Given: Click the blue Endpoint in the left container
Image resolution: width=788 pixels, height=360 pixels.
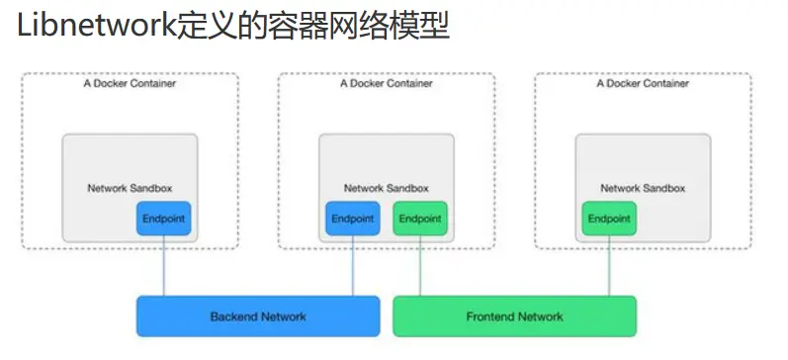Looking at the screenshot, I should pyautogui.click(x=163, y=219).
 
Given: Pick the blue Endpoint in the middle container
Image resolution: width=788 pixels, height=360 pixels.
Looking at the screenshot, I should pyautogui.click(x=352, y=219).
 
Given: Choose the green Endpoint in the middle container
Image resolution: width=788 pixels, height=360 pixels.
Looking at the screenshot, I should pyautogui.click(x=420, y=219).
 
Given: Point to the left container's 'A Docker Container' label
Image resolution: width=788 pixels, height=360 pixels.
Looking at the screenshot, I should pyautogui.click(x=130, y=84).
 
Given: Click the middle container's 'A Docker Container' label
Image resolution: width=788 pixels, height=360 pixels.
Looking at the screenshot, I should pyautogui.click(x=386, y=84).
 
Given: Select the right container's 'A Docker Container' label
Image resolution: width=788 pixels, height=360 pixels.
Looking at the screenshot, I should pyautogui.click(x=643, y=84).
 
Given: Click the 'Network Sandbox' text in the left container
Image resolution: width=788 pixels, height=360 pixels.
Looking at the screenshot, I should pyautogui.click(x=130, y=188).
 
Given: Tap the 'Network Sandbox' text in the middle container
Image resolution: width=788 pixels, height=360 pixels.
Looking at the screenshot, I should pyautogui.click(x=386, y=188).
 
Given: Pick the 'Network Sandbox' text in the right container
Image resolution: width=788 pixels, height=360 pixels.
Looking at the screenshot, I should pyautogui.click(x=643, y=188).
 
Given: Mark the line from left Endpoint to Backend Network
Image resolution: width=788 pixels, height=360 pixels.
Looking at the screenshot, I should pyautogui.click(x=163, y=265).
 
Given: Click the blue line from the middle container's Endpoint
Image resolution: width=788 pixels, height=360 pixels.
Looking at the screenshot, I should pyautogui.click(x=353, y=265).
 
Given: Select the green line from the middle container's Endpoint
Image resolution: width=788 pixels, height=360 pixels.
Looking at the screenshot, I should pyautogui.click(x=420, y=265).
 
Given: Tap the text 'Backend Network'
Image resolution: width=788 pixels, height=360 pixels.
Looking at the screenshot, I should pyautogui.click(x=258, y=316).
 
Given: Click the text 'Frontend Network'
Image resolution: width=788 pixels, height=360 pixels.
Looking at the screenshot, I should pyautogui.click(x=514, y=316).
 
